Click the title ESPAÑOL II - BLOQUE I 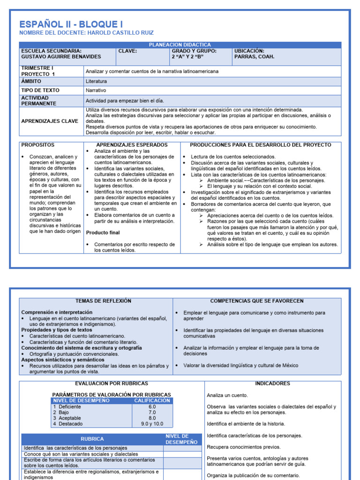click(71, 24)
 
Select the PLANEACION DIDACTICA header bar click(180, 45)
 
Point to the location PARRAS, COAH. click(254, 57)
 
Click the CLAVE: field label click(127, 51)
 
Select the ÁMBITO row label click(31, 81)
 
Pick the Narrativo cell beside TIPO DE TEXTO click(96, 90)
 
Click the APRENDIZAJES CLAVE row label click(50, 121)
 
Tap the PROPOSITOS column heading click(37, 145)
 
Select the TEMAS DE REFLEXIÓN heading click(103, 301)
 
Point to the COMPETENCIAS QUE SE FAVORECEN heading click(257, 301)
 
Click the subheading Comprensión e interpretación click(57, 312)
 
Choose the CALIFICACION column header click(152, 401)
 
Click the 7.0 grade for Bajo click(152, 412)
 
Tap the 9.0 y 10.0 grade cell click(152, 424)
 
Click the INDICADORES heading click(272, 383)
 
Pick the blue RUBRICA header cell click(92, 439)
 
